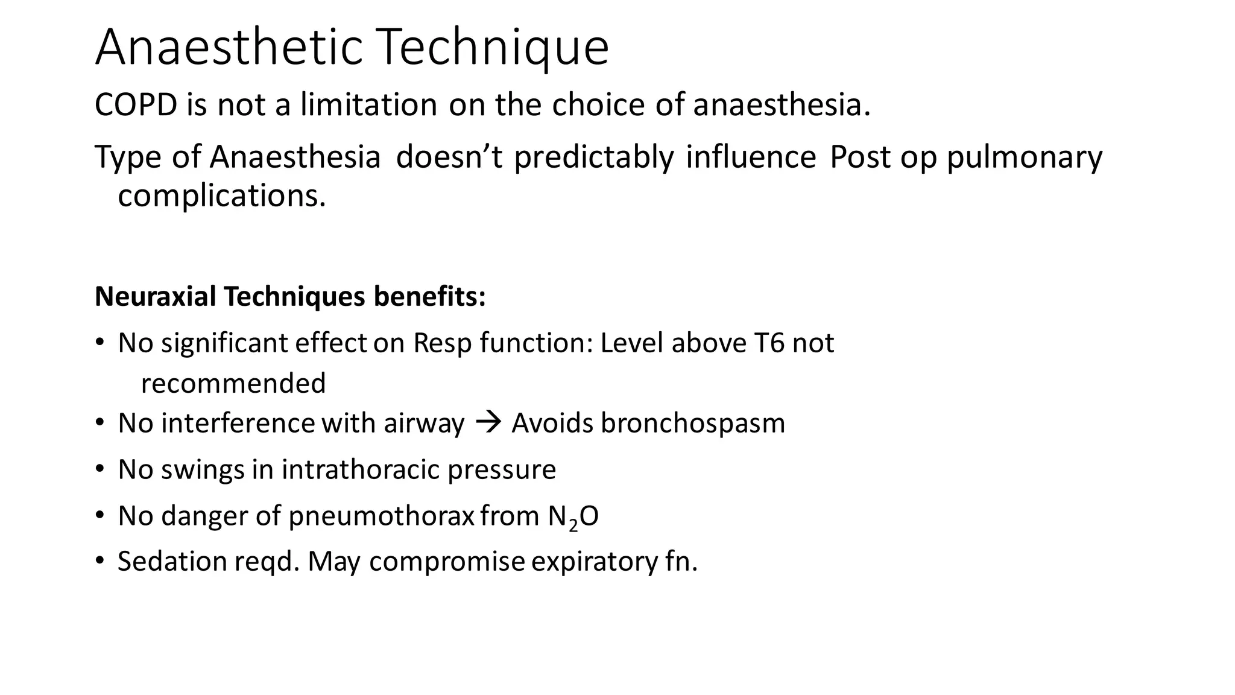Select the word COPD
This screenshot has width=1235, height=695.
click(x=136, y=104)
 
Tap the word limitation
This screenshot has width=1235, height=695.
click(x=368, y=104)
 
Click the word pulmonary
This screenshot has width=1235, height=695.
click(x=1024, y=157)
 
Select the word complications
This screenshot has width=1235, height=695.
click(x=221, y=195)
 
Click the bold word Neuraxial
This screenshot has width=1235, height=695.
click(x=155, y=296)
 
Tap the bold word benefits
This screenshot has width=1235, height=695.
click(x=429, y=296)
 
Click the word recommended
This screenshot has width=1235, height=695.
click(x=233, y=383)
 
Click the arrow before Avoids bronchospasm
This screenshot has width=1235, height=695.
click(x=488, y=422)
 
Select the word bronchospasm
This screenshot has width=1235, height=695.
click(x=693, y=423)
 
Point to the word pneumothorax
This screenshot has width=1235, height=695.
click(x=381, y=516)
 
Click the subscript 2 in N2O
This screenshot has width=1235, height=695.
click(x=573, y=525)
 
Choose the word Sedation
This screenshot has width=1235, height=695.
click(x=172, y=561)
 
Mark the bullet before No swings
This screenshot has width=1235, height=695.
click(x=99, y=469)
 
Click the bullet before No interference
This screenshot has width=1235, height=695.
click(x=99, y=423)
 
